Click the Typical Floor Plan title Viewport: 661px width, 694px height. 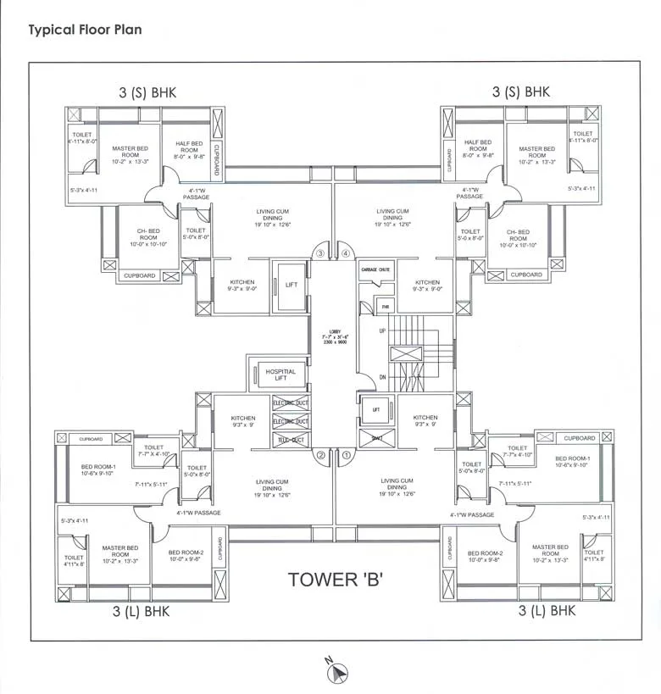coord(85,30)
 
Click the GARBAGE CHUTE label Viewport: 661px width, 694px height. coord(375,269)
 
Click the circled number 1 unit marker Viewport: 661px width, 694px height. coord(347,455)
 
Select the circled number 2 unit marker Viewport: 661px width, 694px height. coord(321,455)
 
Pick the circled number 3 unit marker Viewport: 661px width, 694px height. coord(320,253)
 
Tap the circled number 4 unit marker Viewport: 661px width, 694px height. coord(346,253)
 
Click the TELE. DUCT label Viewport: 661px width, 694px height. coord(291,439)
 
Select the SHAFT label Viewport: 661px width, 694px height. coord(376,438)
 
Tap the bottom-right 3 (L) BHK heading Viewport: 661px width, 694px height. coord(547,610)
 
